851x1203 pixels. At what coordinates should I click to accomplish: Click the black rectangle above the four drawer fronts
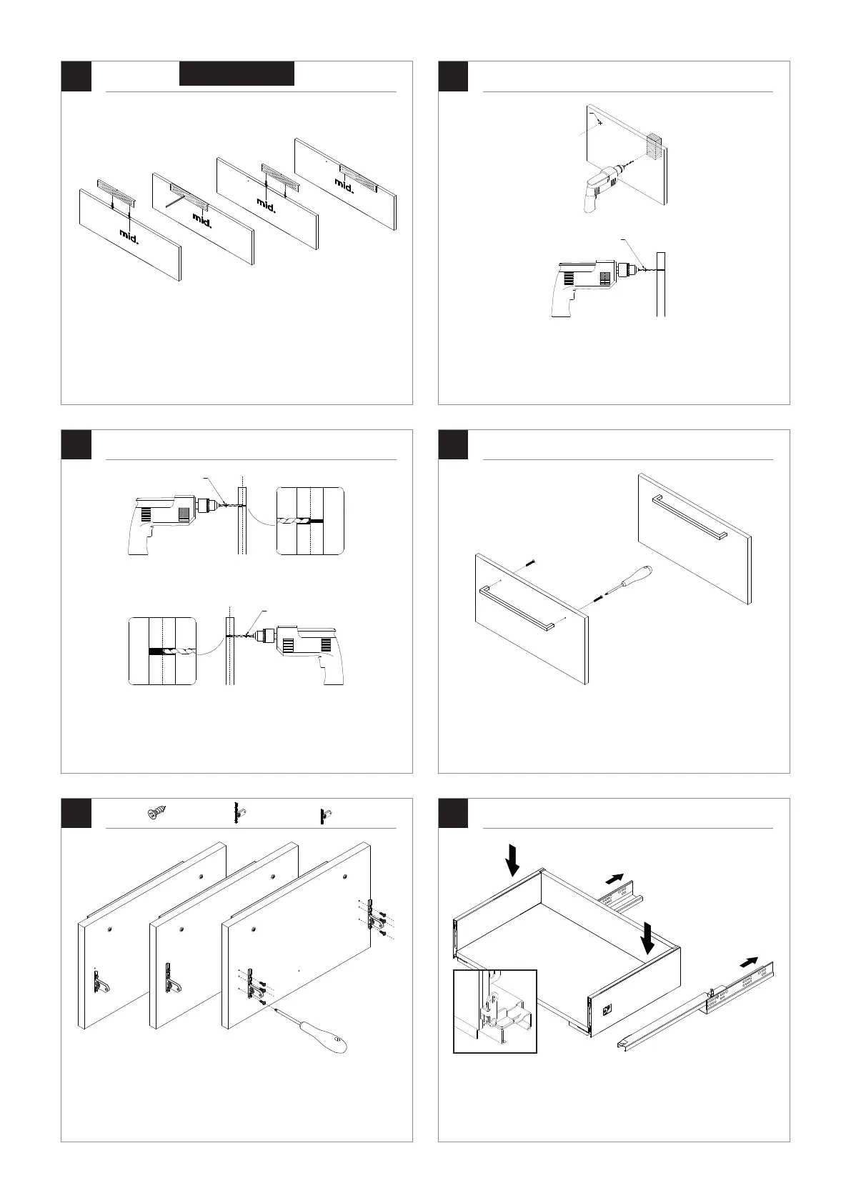click(237, 74)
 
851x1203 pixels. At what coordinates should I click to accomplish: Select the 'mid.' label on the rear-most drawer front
click(344, 184)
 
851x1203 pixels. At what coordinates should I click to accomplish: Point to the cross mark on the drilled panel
click(599, 123)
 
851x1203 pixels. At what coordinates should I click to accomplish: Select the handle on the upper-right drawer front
click(690, 515)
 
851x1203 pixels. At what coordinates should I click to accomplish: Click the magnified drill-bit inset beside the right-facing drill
click(310, 521)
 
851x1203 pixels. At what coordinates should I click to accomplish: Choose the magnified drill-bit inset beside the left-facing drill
click(162, 652)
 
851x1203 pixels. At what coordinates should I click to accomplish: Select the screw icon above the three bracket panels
click(155, 814)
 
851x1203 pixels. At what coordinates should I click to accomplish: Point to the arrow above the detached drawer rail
click(749, 962)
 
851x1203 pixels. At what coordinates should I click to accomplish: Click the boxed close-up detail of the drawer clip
click(495, 1011)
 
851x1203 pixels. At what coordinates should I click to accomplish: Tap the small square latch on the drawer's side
click(607, 1010)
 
